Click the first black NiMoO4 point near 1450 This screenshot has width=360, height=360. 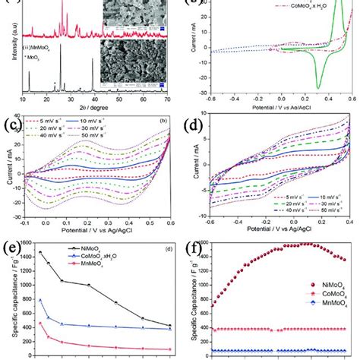(39, 252)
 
